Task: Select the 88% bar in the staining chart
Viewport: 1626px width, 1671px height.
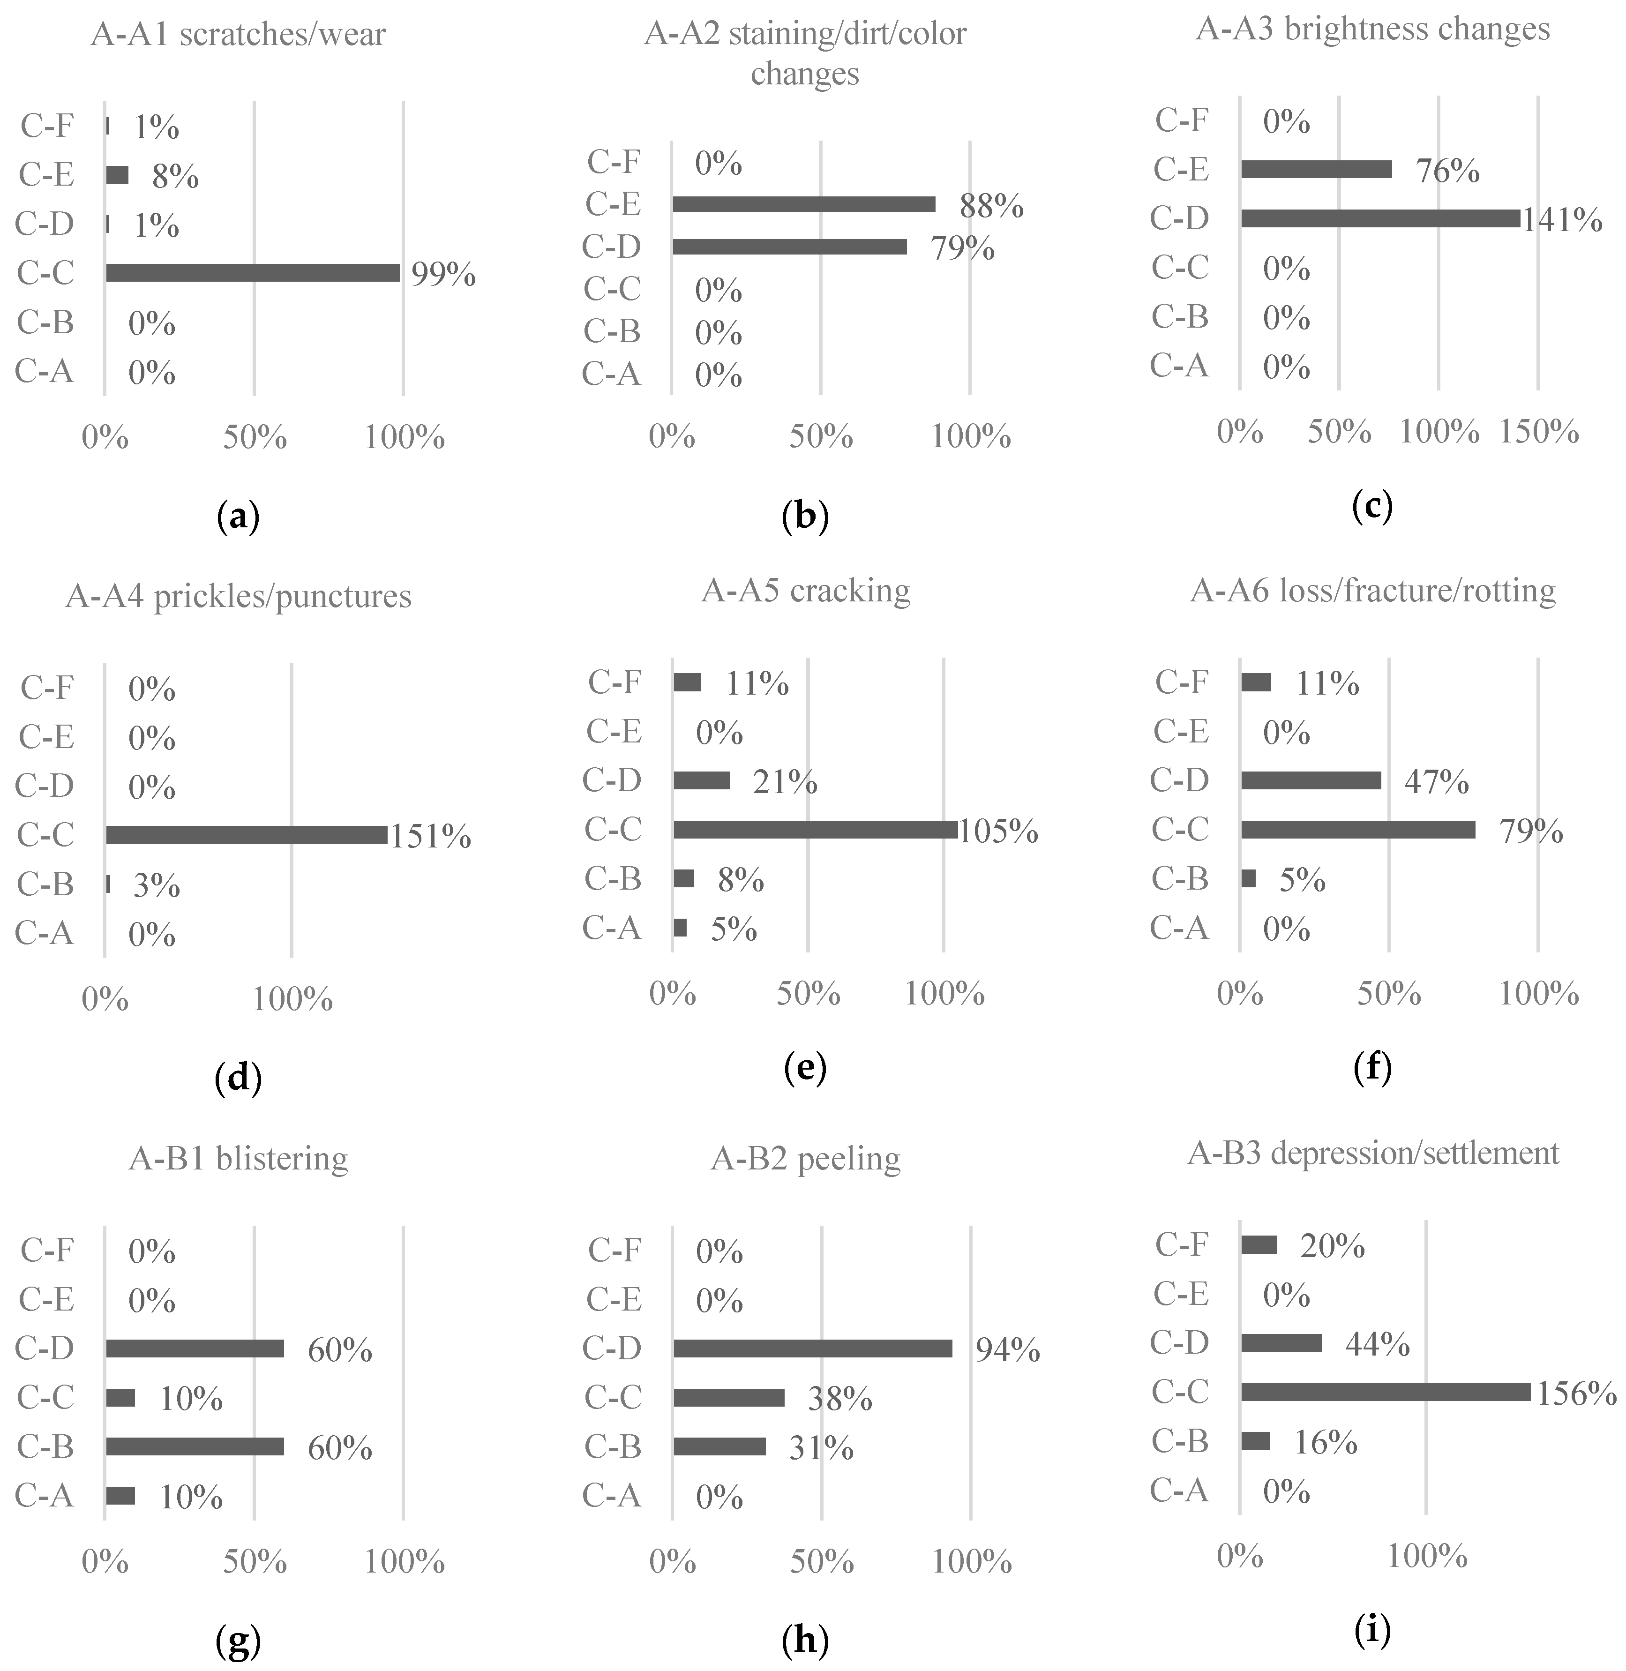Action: (x=803, y=204)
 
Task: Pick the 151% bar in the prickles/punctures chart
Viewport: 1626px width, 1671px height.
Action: (x=247, y=834)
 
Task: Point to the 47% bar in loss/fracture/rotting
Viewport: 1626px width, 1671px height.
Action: (x=1311, y=780)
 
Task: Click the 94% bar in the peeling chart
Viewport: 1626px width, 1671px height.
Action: (x=812, y=1348)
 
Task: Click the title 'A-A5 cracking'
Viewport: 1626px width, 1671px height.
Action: (x=805, y=591)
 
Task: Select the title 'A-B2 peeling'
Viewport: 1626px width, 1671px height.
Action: (x=805, y=1159)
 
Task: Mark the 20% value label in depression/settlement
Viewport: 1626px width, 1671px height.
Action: (x=1332, y=1247)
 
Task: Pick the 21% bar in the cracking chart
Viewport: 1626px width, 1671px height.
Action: (x=701, y=780)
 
